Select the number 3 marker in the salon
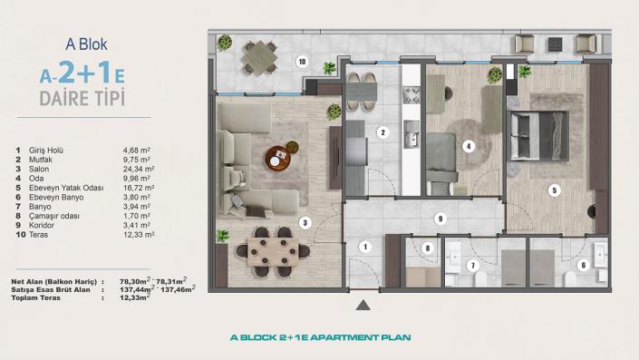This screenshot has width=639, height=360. [305, 222]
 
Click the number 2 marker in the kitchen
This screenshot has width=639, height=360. [382, 132]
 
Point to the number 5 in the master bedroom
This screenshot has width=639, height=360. [554, 190]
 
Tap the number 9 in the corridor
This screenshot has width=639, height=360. [439, 219]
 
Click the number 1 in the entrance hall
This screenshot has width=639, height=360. [363, 246]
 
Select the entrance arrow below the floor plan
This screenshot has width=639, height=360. [363, 305]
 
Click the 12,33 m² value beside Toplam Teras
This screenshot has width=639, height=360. [137, 297]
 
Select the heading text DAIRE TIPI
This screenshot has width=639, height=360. [82, 96]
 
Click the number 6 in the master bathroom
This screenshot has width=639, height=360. [583, 265]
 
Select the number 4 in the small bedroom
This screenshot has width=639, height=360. [468, 145]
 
